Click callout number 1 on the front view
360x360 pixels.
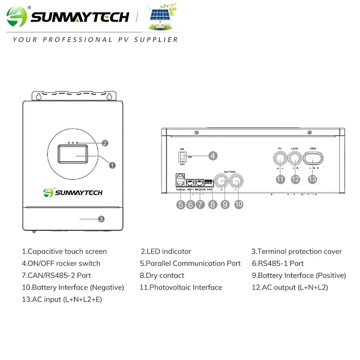click(112, 165)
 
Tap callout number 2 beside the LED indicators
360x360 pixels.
click(105, 143)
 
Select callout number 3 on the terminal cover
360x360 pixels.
click(101, 219)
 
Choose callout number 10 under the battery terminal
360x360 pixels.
click(239, 204)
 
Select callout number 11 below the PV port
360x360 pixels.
click(281, 179)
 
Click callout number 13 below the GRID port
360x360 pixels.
click(312, 179)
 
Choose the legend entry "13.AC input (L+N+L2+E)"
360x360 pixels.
click(62, 299)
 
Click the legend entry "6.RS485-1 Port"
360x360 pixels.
click(277, 263)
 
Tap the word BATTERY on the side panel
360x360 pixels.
click(230, 172)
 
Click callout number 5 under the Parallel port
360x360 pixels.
click(180, 204)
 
